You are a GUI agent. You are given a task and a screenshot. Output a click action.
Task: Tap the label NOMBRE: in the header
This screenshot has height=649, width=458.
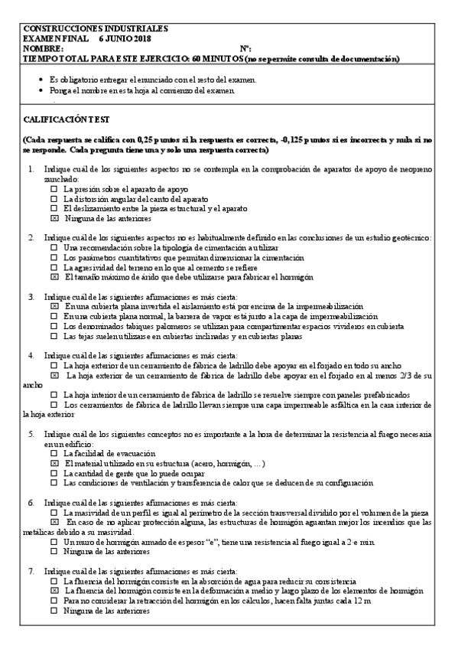coord(44,47)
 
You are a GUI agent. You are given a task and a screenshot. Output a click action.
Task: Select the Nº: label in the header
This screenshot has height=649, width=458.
coord(245,47)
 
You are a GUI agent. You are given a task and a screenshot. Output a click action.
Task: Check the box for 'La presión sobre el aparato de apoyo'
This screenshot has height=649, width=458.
coord(54,188)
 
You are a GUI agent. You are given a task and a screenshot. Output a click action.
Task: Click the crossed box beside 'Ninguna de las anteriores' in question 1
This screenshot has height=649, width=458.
coord(54,218)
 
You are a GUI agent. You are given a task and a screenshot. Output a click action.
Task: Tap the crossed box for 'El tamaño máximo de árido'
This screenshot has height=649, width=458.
coord(54,278)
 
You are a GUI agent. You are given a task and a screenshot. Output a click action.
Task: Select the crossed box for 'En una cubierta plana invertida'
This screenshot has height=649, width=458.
coord(54,306)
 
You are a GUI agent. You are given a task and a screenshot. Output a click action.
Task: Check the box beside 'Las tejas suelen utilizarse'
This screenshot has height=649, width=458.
coord(54,335)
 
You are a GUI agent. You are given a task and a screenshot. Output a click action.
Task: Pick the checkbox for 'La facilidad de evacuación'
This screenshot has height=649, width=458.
coord(54,454)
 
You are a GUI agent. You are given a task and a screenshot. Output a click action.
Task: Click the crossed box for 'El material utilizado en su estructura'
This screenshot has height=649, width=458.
coord(54,464)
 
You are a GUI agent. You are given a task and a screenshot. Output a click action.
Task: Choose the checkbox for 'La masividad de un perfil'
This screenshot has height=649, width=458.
coord(54,512)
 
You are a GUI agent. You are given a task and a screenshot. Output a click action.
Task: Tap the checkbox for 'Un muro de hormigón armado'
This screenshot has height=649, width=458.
coord(54,542)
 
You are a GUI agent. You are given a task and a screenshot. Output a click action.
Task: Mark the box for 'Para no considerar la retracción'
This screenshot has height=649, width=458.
coord(54,601)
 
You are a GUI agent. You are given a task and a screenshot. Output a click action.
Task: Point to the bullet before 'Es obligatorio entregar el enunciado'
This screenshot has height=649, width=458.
coord(41,80)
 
